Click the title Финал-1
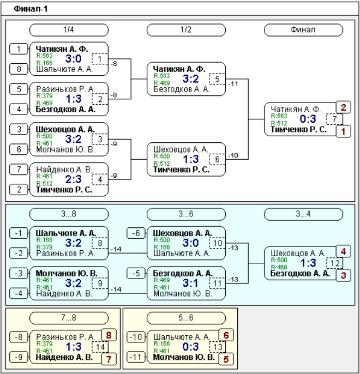(31, 9)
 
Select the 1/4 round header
(69, 30)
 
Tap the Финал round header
(303, 30)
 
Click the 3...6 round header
(186, 214)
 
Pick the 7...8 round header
(69, 318)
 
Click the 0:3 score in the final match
(308, 119)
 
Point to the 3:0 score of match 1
(73, 59)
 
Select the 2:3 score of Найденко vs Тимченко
(73, 179)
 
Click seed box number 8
(19, 69)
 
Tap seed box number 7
(19, 170)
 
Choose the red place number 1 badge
(343, 131)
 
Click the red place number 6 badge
(226, 335)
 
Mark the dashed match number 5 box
(217, 79)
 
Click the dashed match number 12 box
(334, 263)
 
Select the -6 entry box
(136, 233)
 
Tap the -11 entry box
(136, 357)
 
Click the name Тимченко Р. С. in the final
(298, 130)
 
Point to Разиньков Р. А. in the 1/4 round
(65, 89)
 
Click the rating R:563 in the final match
(279, 116)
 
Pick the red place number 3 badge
(343, 275)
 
